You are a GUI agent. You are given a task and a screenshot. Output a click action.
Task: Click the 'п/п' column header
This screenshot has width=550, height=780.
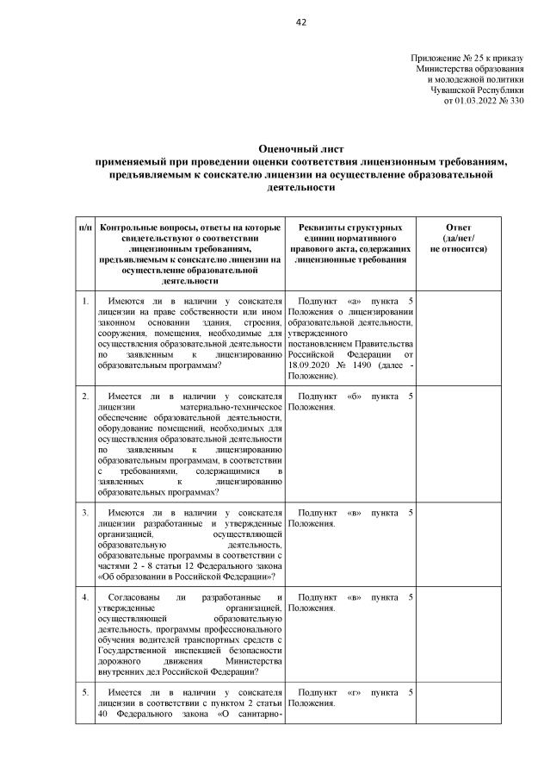tap(85, 227)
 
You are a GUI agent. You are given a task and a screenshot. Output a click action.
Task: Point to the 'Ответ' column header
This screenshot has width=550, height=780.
tap(458, 227)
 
